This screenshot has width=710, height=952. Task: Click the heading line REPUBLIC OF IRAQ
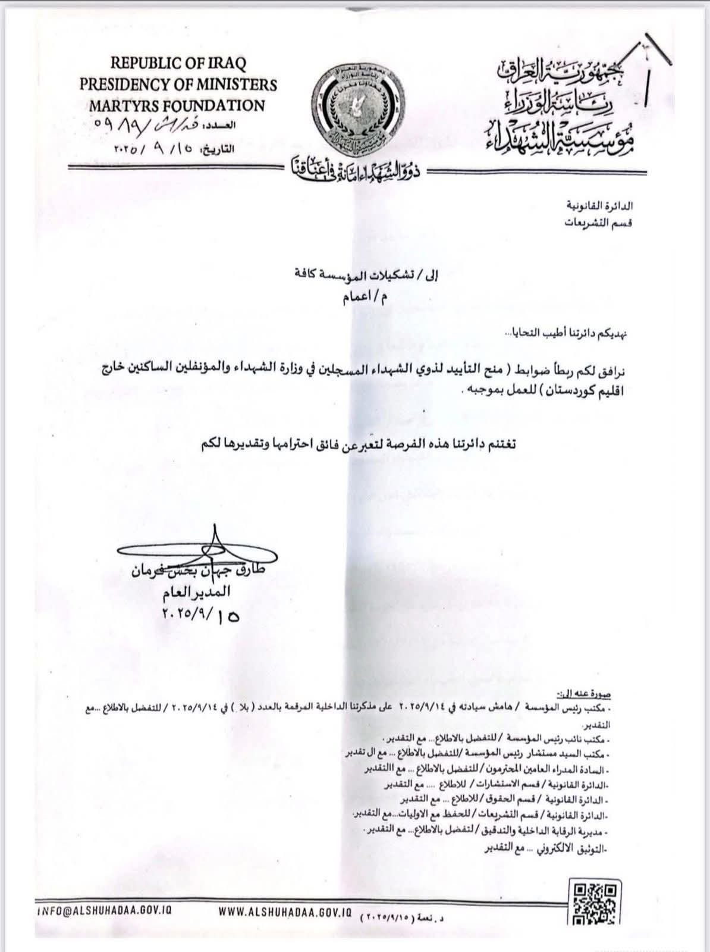click(x=178, y=62)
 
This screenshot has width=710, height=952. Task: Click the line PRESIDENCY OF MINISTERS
click(x=178, y=84)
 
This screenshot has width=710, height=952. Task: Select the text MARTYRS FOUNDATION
click(x=178, y=106)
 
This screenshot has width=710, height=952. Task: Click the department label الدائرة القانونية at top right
click(x=599, y=206)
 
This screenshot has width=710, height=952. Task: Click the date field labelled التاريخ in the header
click(x=172, y=149)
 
